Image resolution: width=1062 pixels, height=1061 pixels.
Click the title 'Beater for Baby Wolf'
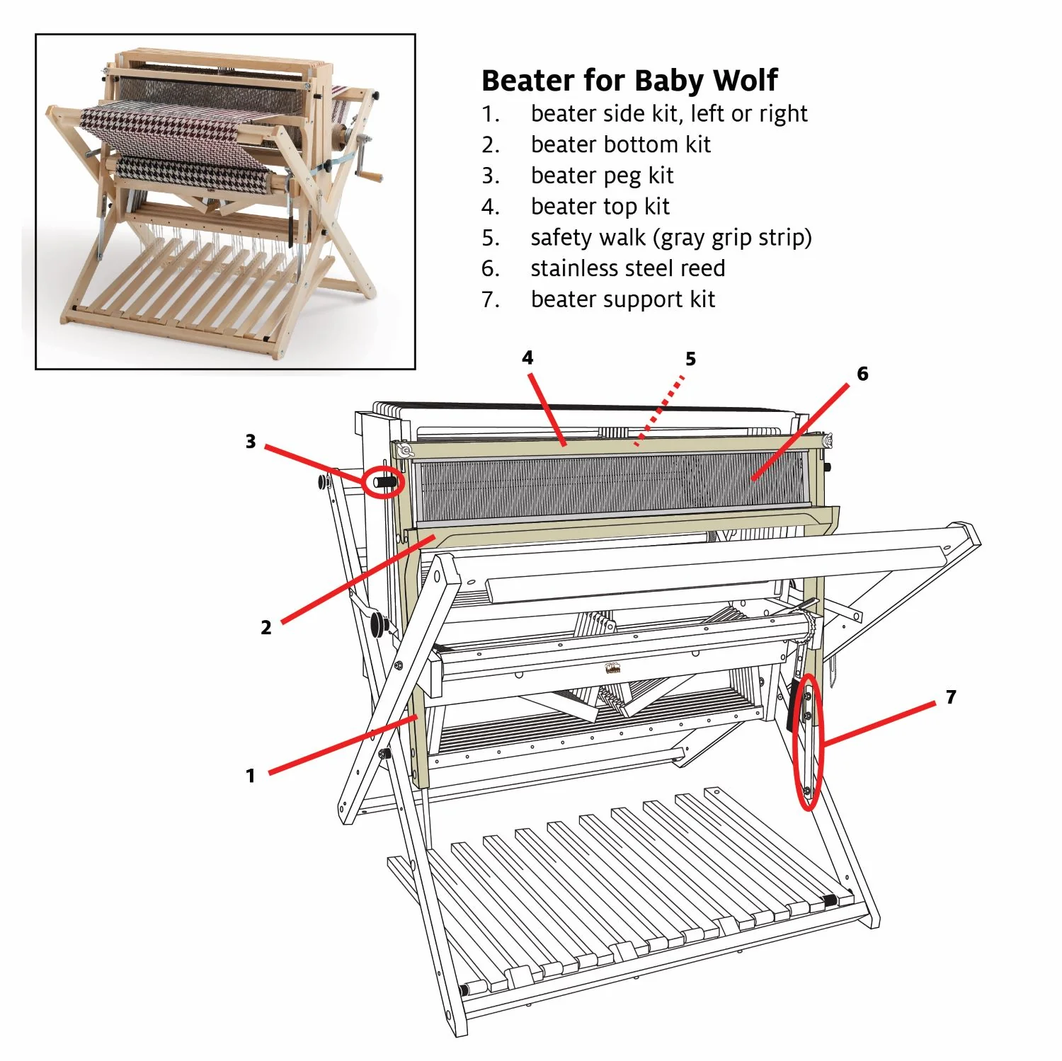[629, 81]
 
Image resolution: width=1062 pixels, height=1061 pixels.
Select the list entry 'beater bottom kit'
[620, 144]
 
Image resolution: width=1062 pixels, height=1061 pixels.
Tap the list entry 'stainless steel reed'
[627, 268]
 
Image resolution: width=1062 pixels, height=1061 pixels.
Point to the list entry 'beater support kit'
[622, 299]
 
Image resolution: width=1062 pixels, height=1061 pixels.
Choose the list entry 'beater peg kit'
[602, 176]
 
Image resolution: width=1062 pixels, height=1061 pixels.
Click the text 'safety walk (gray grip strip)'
[670, 238]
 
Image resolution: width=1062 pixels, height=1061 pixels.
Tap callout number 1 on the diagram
[250, 776]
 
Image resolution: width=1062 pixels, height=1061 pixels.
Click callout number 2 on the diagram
[265, 627]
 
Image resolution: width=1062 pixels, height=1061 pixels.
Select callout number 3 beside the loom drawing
[250, 442]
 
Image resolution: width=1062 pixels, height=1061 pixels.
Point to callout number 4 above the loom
[527, 357]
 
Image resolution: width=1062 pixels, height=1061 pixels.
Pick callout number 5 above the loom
[690, 359]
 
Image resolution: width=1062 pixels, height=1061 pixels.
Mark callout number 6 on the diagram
[862, 373]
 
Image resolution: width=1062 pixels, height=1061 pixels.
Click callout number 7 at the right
[951, 697]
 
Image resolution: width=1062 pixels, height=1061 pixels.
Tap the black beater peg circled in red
[385, 482]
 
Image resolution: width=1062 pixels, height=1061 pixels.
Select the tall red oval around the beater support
[809, 742]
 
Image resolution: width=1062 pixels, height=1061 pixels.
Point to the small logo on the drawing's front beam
[612, 668]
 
